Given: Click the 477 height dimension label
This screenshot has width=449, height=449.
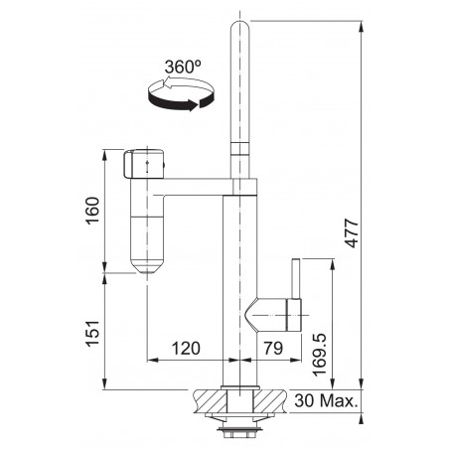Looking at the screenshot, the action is (352, 232).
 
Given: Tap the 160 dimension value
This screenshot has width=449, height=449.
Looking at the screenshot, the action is (92, 211).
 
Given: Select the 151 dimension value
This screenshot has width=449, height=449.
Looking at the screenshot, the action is (92, 334).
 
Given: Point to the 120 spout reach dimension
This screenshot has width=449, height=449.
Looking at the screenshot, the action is (186, 348).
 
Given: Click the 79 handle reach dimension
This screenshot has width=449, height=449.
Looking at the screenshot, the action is (273, 348).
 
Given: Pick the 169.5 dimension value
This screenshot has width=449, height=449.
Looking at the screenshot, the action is (320, 355).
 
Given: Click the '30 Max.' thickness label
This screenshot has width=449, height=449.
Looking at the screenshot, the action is (326, 400).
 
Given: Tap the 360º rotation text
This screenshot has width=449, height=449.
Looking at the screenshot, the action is (183, 68).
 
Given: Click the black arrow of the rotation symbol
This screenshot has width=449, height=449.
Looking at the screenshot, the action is (181, 101).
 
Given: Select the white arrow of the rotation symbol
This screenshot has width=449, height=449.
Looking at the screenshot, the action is (186, 82).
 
